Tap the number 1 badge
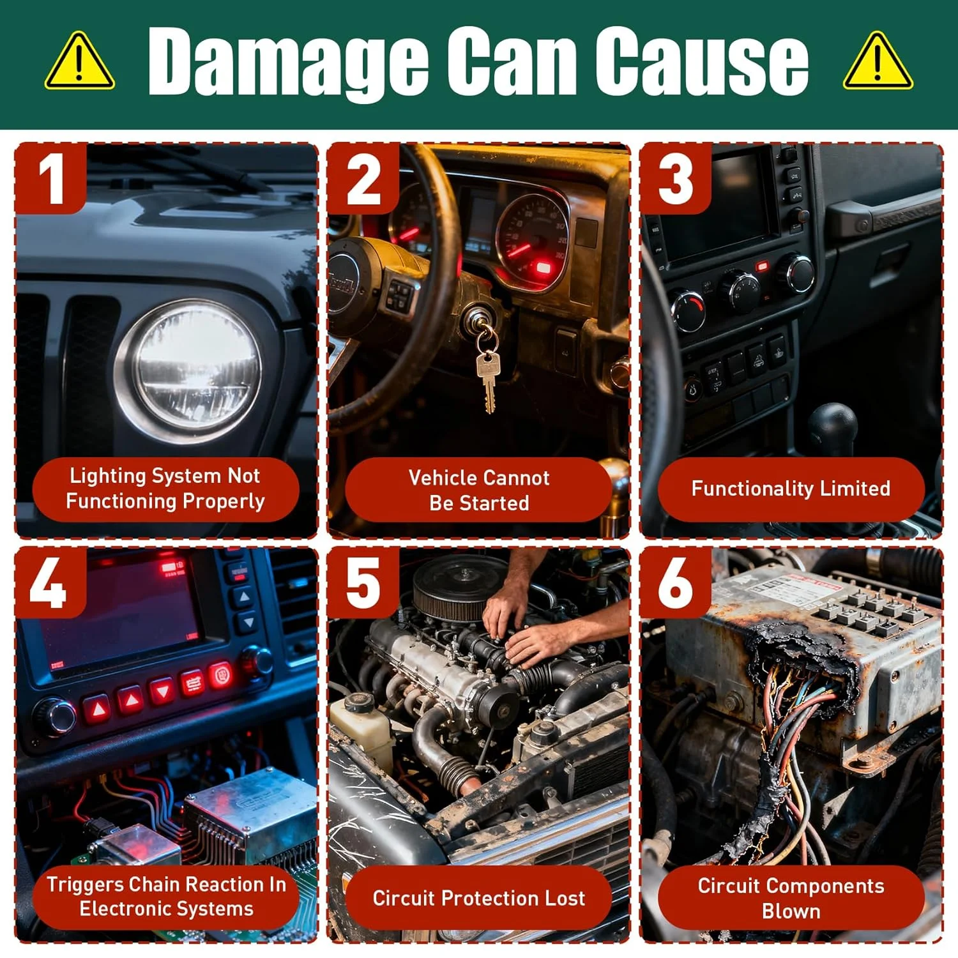tap(51, 179)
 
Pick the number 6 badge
tap(676, 582)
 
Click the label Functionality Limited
tap(791, 489)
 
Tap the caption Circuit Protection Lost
tap(478, 898)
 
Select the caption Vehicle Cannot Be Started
tap(478, 490)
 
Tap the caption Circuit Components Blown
tap(791, 898)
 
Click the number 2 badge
tap(363, 179)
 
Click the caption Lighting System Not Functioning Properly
tap(165, 489)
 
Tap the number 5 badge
tap(363, 582)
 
